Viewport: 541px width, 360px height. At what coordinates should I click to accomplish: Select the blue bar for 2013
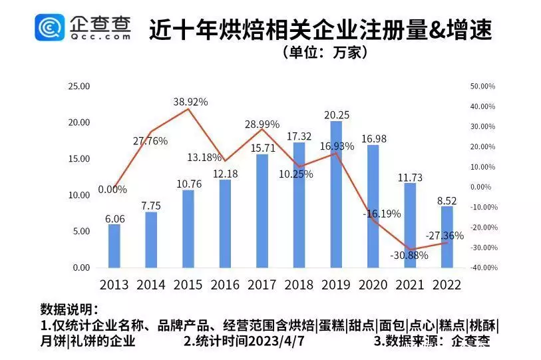(114, 246)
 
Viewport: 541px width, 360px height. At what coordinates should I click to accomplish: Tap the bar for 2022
(447, 237)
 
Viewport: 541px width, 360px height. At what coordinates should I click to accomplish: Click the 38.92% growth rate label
(190, 102)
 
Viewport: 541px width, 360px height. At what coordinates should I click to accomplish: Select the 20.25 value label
(337, 114)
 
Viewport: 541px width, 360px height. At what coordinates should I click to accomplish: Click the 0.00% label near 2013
(113, 189)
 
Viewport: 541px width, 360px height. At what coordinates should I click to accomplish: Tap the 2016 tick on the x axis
(225, 284)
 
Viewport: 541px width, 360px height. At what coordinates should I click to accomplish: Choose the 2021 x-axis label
(410, 284)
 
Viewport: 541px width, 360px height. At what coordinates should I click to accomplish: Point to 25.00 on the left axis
(79, 87)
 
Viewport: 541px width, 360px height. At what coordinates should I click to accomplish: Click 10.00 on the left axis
(79, 195)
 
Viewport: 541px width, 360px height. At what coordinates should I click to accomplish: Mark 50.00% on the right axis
(482, 87)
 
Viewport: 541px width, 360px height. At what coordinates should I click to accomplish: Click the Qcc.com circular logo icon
(50, 28)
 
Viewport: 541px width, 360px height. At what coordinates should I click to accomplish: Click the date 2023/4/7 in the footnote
(276, 341)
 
